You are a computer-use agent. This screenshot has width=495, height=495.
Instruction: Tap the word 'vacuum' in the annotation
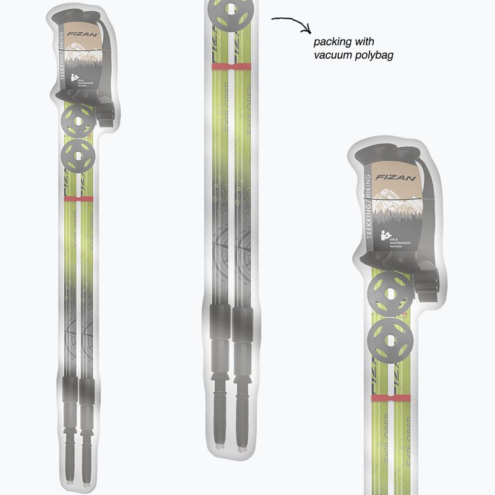pyautogui.click(x=332, y=55)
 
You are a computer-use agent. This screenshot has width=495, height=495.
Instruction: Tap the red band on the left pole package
pyautogui.click(x=79, y=199)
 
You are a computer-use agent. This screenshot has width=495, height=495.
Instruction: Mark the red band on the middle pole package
pyautogui.click(x=231, y=65)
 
